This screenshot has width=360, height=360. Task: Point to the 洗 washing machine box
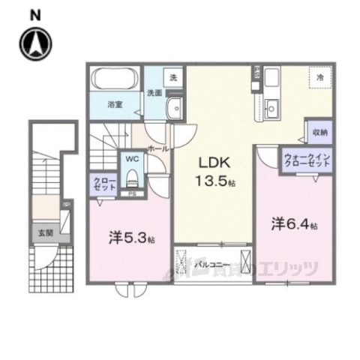pos(173,77)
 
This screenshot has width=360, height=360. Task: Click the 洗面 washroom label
pos(154,93)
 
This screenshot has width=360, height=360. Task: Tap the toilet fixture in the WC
pos(132,178)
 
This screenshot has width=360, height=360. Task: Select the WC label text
pos(131,160)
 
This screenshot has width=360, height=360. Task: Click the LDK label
pos(212,162)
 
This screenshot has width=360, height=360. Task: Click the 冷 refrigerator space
pos(319,77)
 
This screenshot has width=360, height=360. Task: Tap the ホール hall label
pos(157,148)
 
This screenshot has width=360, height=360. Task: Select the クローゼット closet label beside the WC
pos(103,184)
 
